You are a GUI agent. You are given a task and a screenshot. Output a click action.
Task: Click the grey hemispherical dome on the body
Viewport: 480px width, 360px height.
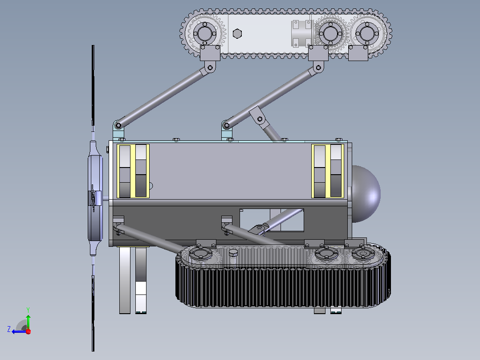(366, 194)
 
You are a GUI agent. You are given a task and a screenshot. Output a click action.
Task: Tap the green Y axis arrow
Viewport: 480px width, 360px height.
(28, 321)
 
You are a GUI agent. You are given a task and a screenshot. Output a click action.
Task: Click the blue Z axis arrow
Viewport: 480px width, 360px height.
(19, 331)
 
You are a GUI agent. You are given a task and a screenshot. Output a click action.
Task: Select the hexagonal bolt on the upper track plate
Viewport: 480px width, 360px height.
(237, 33)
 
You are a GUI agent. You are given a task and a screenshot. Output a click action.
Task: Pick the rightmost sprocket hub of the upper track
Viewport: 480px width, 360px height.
(367, 33)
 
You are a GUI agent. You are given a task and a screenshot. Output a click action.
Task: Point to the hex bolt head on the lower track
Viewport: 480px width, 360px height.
(233, 253)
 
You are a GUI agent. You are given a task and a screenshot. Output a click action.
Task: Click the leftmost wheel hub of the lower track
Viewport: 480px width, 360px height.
(200, 254)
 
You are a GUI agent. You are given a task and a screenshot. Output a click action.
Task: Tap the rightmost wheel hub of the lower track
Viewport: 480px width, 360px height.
(363, 254)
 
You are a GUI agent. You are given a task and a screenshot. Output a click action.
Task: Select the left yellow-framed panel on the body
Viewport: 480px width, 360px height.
(133, 171)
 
